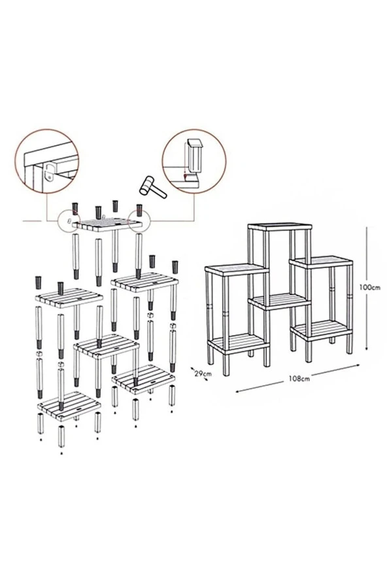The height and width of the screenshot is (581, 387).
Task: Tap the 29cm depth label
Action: tap(203, 373)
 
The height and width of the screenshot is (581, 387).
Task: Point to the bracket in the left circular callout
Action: tap(48, 173)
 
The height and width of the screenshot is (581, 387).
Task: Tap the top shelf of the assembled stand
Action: tap(280, 227)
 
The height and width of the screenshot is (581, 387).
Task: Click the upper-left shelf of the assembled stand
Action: tap(235, 269)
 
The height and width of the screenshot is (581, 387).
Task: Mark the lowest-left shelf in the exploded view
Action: tap(70, 405)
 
